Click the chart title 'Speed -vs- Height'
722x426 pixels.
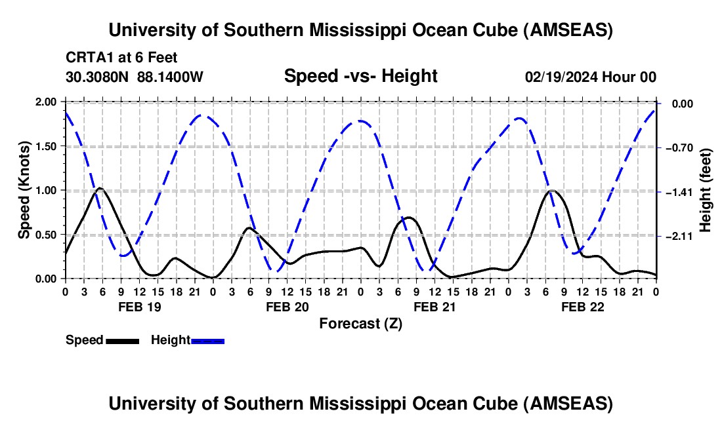point(360,76)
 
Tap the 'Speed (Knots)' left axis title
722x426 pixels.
point(24,190)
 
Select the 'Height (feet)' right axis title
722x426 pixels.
point(706,190)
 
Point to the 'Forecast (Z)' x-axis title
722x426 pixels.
point(360,324)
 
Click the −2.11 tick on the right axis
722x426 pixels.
point(675,237)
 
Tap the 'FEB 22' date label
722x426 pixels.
point(582,307)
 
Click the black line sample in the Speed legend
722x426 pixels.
point(123,341)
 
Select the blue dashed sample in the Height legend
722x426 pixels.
point(208,341)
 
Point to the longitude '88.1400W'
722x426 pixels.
point(171,77)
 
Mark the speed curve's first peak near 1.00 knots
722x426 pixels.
point(100,189)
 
